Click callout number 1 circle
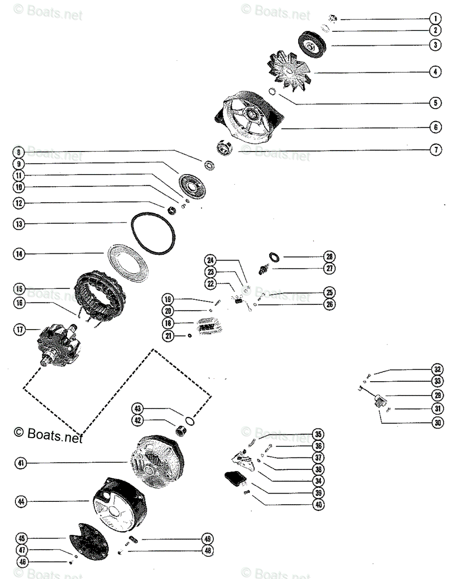click(435, 19)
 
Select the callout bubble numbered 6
click(435, 127)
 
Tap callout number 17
click(19, 331)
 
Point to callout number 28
click(330, 256)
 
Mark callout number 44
click(19, 502)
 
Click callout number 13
click(19, 224)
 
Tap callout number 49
click(207, 538)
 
